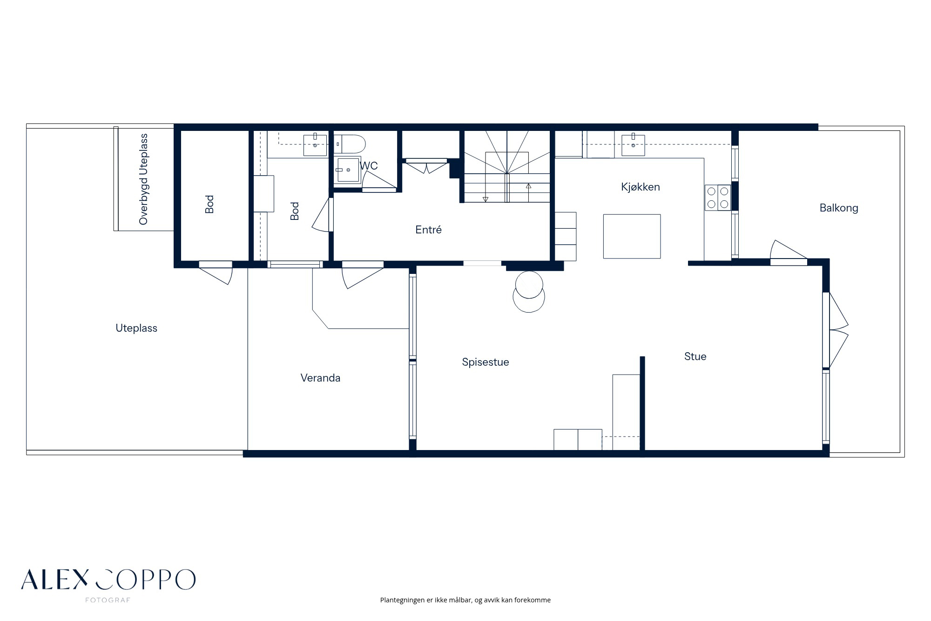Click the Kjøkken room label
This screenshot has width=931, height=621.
pos(640,187)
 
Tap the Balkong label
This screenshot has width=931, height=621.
pos(839,208)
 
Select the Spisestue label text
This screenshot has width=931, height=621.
pos(486,362)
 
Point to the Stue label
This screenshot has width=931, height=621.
pos(695,356)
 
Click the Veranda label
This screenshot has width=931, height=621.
pos(320,378)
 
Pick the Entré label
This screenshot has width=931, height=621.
pos(428,229)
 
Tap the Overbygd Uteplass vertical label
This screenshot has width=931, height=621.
pos(143,179)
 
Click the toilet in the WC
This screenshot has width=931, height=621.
pos(350,144)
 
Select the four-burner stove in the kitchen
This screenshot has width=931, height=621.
pos(717,198)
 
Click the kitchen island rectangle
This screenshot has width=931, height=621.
pos(632,236)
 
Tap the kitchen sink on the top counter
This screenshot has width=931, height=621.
pos(633,145)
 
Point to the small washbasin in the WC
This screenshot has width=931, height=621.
pos(348,170)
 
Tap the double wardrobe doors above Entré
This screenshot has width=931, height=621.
pos(426,165)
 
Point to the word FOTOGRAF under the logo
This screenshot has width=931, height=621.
pos(108,600)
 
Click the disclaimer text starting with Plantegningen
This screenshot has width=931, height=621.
pos(465,600)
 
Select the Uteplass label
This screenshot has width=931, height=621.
pos(136,328)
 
